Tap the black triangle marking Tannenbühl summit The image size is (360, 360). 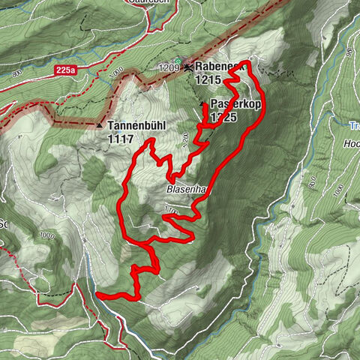(x=100, y=125)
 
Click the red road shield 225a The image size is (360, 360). (x=65, y=70)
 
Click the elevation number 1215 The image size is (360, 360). (x=208, y=79)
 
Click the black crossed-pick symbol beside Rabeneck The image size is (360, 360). (x=187, y=67)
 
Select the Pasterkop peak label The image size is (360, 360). (x=235, y=104)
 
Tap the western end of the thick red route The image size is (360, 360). (x=98, y=295)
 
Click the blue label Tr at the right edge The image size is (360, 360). (x=355, y=126)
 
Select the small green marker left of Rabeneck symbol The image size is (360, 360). (x=178, y=61)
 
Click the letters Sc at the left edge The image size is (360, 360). (x=4, y=223)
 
